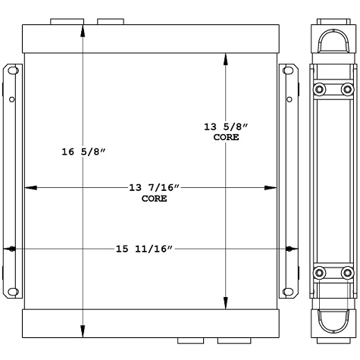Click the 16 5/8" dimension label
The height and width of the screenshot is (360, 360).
[83, 152]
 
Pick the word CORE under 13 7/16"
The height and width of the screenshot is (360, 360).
[154, 199]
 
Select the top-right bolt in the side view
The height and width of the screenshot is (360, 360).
[347, 90]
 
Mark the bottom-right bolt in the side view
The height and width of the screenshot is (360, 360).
[347, 273]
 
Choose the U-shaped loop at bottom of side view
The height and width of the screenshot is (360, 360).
[332, 323]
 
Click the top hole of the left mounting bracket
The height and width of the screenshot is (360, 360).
[11, 71]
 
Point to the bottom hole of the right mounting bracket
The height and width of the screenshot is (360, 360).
[290, 291]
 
